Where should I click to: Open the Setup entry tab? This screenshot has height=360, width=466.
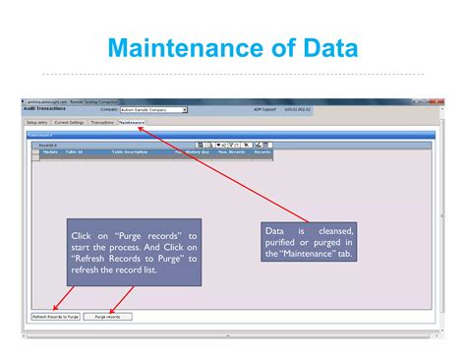(x=36, y=122)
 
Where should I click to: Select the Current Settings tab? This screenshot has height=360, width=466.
(x=69, y=122)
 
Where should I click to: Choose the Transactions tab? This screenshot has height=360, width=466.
(x=102, y=122)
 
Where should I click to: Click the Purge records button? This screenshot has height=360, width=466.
(x=106, y=317)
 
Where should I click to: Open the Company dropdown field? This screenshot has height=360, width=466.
(x=152, y=110)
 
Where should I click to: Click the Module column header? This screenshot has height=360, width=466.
(x=49, y=152)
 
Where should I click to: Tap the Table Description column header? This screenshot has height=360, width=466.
(x=129, y=152)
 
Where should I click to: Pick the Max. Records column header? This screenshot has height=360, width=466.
(x=231, y=152)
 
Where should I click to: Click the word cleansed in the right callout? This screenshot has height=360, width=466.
(x=333, y=230)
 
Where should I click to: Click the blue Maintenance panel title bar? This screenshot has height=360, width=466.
(x=226, y=134)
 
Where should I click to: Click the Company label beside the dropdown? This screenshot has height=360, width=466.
(x=109, y=110)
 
